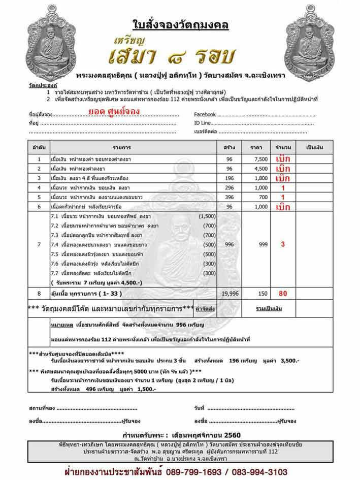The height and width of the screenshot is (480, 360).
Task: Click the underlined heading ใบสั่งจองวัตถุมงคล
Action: pyautogui.click(x=180, y=24)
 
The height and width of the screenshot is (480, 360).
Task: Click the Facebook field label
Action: pyautogui.click(x=205, y=115)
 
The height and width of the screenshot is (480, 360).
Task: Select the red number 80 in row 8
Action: pyautogui.click(x=283, y=294)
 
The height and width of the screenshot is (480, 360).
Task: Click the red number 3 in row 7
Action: pyautogui.click(x=283, y=244)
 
